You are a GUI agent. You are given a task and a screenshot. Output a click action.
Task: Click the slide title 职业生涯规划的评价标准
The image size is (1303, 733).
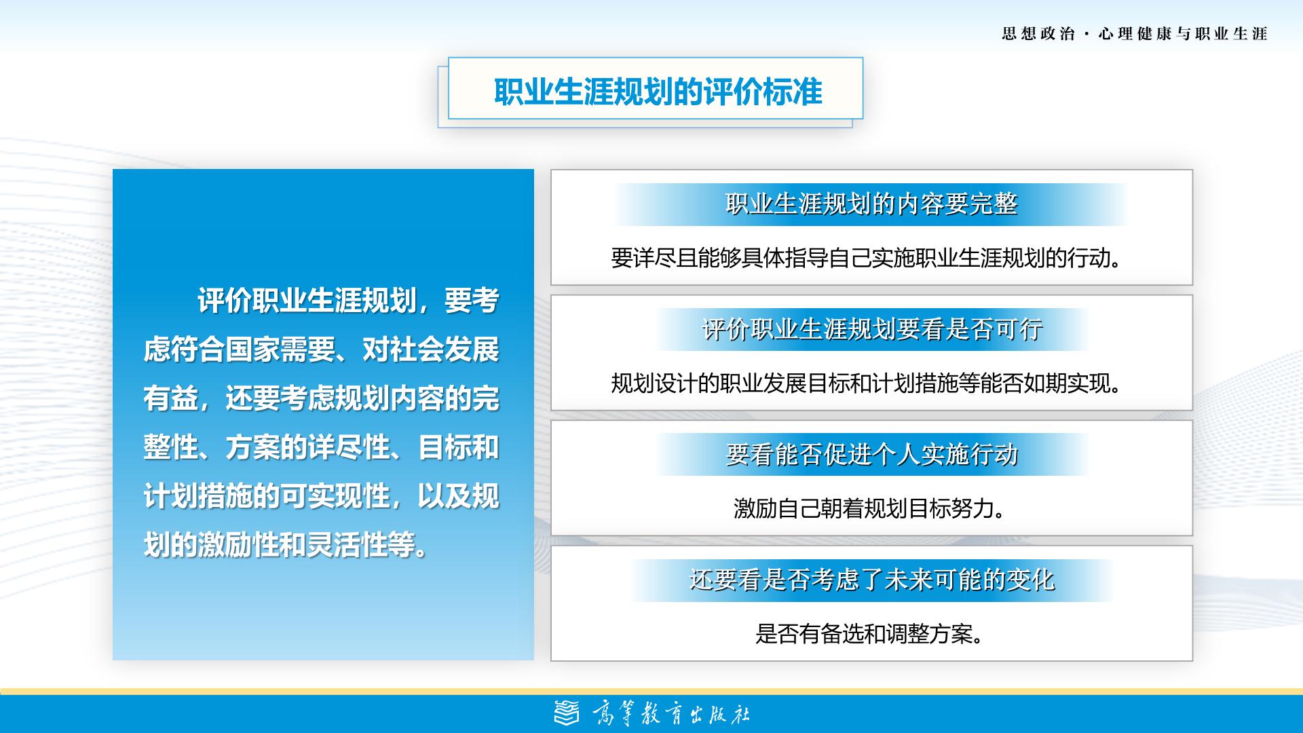(x=658, y=92)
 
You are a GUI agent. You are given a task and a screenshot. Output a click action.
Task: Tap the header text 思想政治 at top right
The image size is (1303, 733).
(x=1038, y=34)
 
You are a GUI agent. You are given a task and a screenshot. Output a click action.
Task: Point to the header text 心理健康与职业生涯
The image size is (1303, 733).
(x=1183, y=34)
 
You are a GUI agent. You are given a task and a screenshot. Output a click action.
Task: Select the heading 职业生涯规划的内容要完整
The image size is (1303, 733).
(x=871, y=204)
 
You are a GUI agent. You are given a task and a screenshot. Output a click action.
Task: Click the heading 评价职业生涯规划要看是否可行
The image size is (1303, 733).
(x=871, y=329)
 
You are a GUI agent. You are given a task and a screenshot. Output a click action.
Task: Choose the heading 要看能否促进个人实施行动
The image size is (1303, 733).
(x=871, y=454)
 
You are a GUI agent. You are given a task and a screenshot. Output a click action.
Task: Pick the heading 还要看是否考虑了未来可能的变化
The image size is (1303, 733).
(x=871, y=580)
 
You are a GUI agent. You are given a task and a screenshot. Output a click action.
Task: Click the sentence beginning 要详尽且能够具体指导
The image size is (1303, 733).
(x=866, y=258)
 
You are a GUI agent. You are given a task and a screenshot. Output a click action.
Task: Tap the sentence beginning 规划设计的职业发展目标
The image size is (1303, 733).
(x=866, y=383)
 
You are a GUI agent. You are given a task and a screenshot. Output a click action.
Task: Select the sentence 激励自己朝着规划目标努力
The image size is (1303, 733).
(x=869, y=508)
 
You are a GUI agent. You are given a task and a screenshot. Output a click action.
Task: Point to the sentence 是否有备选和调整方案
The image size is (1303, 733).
(x=869, y=634)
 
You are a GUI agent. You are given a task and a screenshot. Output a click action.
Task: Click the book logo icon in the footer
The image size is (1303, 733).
(x=567, y=713)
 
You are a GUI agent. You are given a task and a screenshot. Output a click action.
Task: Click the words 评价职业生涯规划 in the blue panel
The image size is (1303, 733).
(x=307, y=301)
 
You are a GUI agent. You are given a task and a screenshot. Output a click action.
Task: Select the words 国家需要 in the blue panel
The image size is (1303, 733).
(x=280, y=350)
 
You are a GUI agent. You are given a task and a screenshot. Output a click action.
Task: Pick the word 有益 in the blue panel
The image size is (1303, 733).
(x=170, y=398)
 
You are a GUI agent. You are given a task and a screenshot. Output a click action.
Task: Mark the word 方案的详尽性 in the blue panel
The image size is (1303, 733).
(x=307, y=447)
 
